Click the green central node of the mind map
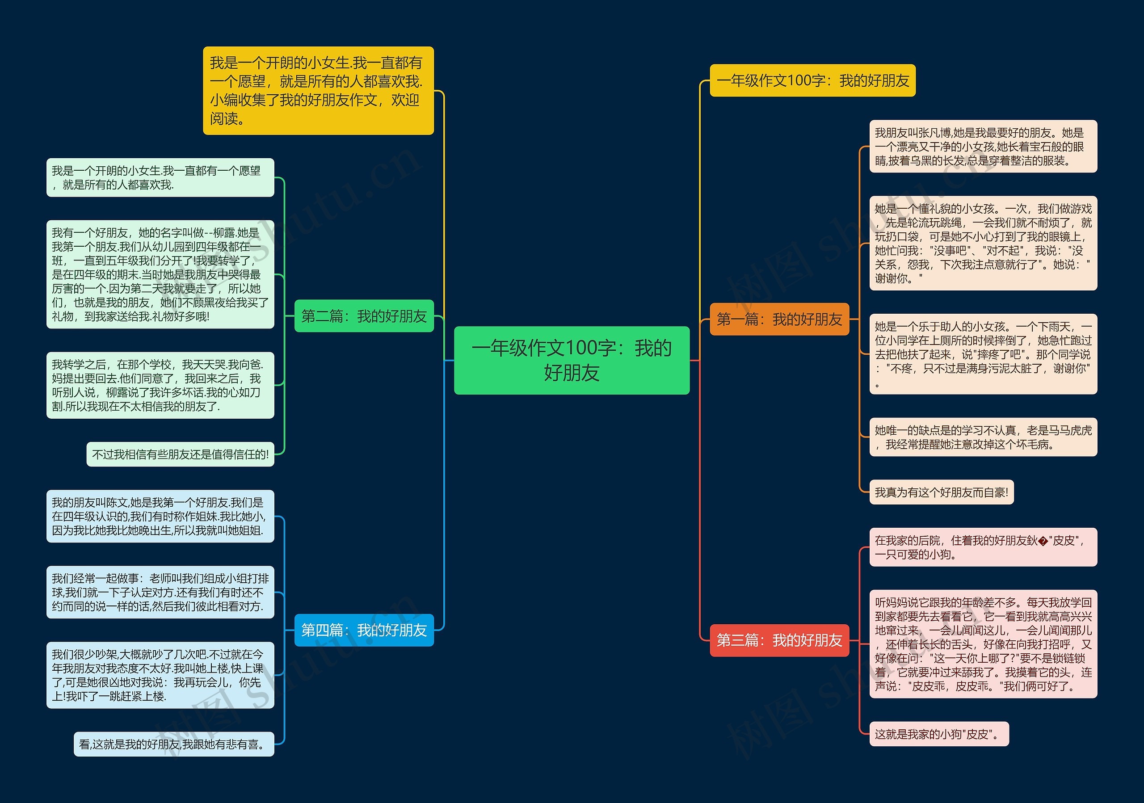(572, 360)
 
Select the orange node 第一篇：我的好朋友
(779, 319)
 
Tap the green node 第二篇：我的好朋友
(364, 316)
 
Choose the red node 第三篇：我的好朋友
(779, 640)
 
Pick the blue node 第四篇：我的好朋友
(364, 630)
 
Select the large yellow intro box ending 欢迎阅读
(318, 91)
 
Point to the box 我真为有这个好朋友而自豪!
(941, 492)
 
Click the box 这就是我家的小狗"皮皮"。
(939, 734)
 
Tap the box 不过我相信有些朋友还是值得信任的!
(181, 454)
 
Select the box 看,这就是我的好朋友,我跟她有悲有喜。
(174, 744)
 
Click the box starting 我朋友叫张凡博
(983, 147)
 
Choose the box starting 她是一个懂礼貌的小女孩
(983, 243)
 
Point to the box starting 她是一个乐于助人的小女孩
(983, 354)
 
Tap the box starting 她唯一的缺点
(983, 437)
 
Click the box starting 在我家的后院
(983, 547)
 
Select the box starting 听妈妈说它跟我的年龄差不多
(983, 644)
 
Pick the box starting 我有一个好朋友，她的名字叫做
(160, 274)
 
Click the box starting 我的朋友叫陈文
(160, 516)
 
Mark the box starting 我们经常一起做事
(160, 592)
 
